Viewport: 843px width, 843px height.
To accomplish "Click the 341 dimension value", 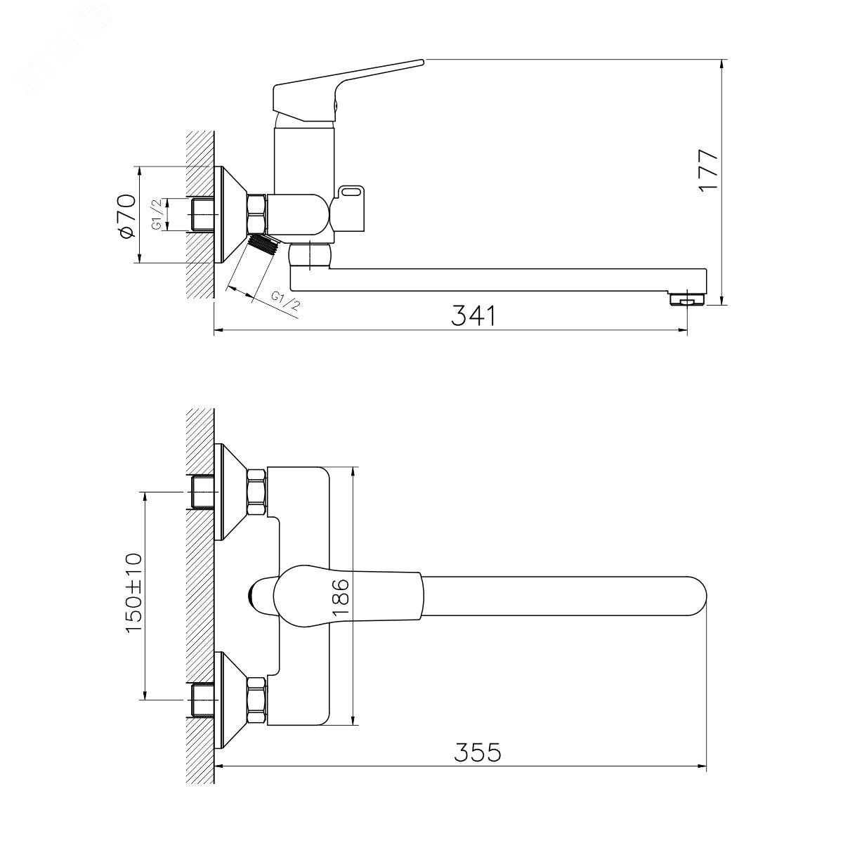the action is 473,316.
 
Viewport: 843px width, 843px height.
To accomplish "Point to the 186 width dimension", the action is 341,597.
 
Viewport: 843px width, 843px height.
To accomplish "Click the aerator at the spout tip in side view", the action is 686,299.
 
